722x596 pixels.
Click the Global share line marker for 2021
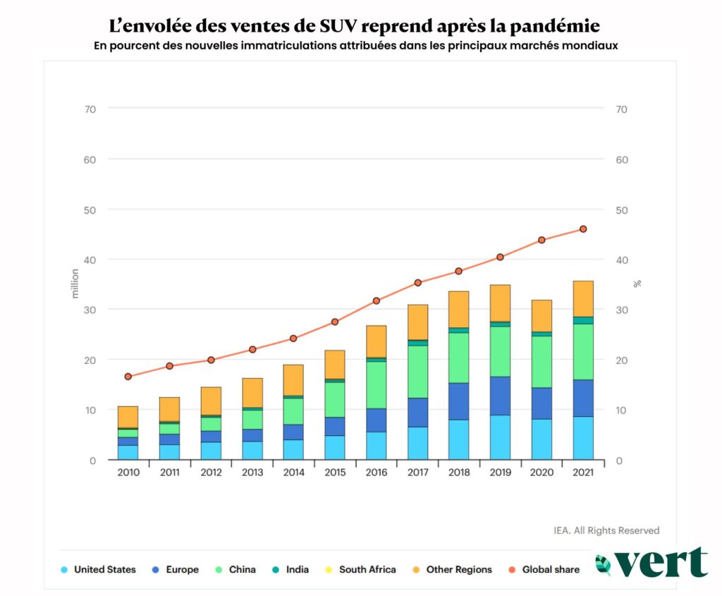click(583, 229)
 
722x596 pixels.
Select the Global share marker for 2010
click(128, 377)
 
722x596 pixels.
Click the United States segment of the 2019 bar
click(500, 437)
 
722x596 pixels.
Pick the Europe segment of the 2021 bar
click(583, 399)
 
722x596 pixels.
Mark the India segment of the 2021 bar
click(583, 320)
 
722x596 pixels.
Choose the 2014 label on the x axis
click(293, 473)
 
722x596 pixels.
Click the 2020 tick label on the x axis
click(541, 473)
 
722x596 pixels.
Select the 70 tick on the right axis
click(622, 109)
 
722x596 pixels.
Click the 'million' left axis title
click(75, 284)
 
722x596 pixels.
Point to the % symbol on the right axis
click(637, 284)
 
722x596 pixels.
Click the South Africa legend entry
click(367, 570)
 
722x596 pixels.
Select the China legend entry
click(242, 570)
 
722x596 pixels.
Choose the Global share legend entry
click(551, 570)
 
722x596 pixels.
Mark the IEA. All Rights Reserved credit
click(606, 530)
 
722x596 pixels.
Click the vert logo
click(651, 563)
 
